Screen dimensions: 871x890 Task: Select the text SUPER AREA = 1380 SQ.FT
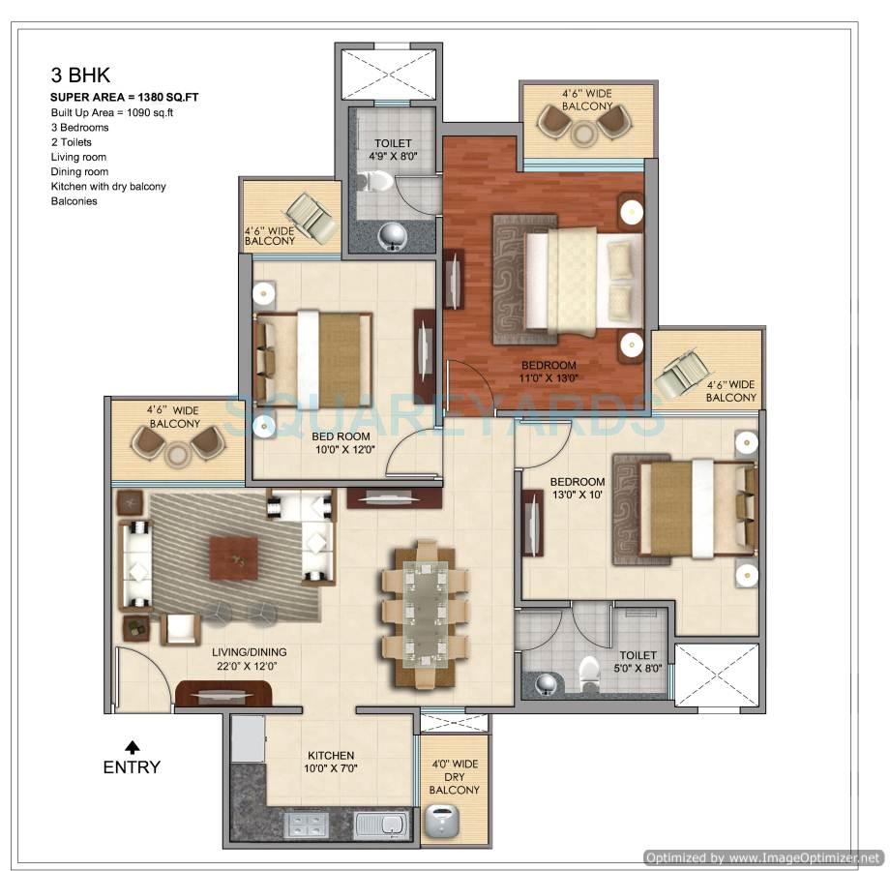pyautogui.click(x=125, y=98)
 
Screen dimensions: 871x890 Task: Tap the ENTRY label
pyautogui.click(x=132, y=767)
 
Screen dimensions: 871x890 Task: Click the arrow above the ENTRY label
pyautogui.click(x=132, y=746)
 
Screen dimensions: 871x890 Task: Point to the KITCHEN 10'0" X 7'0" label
pyautogui.click(x=331, y=762)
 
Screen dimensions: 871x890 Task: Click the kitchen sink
pyautogui.click(x=381, y=826)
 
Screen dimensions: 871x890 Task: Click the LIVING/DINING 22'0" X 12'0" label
pyautogui.click(x=250, y=659)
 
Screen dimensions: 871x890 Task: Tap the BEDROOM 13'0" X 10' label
pyautogui.click(x=578, y=489)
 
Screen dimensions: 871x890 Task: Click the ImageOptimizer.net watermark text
pyautogui.click(x=763, y=857)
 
